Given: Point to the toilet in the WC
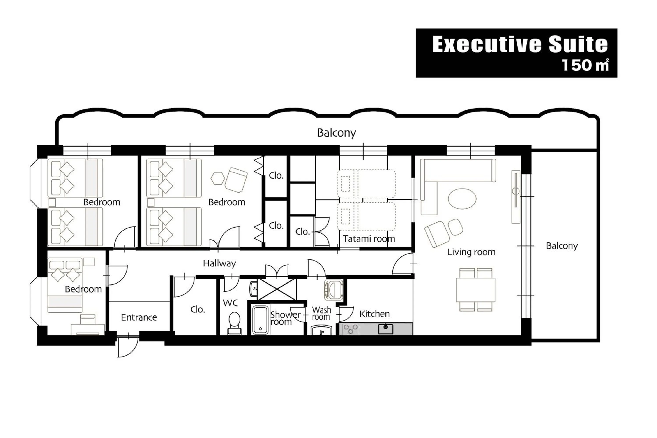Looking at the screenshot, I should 234,323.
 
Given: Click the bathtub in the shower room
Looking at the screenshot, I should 260,320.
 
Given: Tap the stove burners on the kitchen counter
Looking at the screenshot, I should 351,329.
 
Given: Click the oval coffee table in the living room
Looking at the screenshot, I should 462,199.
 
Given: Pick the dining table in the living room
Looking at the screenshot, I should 475,290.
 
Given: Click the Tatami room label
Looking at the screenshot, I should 369,239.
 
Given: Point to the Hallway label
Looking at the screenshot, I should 219,263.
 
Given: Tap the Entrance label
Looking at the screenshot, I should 139,317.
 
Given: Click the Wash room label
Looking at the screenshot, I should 321,314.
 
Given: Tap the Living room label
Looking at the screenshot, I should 471,252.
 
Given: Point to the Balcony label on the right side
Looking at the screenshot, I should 562,246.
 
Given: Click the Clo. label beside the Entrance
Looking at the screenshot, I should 198,309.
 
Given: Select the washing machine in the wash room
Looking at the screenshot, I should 333,289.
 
